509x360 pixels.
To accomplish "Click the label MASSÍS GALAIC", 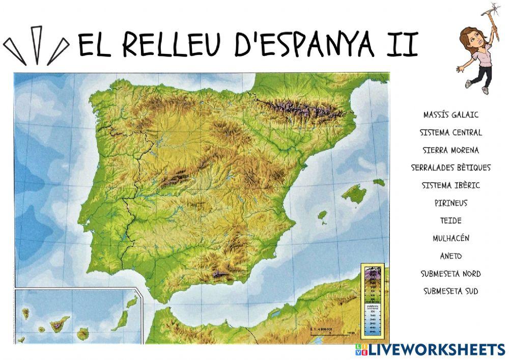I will click(x=451, y=115).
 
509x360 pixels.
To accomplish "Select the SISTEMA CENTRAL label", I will click(x=451, y=132).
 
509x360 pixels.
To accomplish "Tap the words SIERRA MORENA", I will click(x=451, y=150).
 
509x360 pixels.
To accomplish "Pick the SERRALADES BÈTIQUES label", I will click(x=451, y=168).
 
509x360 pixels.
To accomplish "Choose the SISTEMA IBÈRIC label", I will click(x=451, y=185).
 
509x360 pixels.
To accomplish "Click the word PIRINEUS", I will click(x=451, y=203).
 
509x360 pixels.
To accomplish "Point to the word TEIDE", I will click(x=451, y=220).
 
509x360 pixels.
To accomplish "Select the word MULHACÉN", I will click(x=451, y=238).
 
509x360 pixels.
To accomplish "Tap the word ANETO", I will click(x=451, y=256).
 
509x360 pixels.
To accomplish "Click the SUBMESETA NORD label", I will click(x=451, y=273).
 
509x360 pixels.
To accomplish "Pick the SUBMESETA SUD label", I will click(x=451, y=291).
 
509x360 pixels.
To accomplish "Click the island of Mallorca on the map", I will click(x=354, y=194).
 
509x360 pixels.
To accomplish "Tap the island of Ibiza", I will click(x=322, y=216).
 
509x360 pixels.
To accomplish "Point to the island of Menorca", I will click(x=379, y=182).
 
